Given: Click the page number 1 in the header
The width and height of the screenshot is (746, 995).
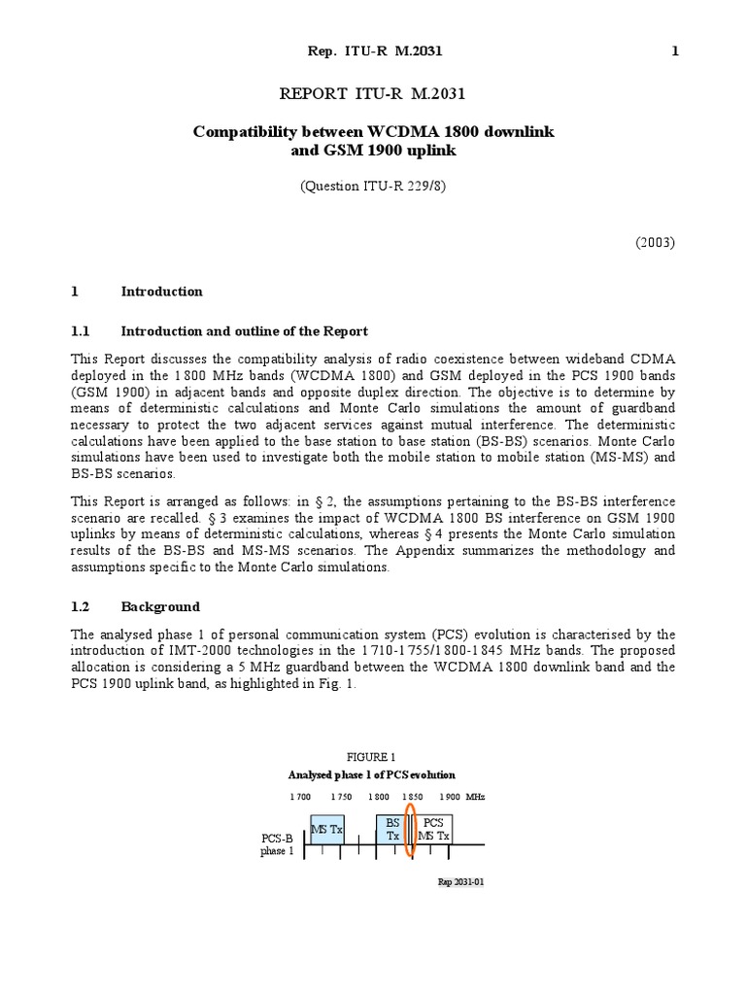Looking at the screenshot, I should point(675,51).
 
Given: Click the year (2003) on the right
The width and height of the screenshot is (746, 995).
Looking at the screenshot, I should point(655,242).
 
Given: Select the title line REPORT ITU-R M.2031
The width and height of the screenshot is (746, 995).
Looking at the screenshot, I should point(373,93).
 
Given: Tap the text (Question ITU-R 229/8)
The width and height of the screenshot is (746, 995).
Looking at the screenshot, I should point(373,189).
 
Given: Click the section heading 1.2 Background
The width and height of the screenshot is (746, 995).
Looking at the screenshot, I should point(136,606).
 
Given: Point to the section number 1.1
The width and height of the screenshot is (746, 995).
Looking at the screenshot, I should point(81,331).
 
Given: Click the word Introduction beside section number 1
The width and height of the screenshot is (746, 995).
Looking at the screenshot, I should point(161,291).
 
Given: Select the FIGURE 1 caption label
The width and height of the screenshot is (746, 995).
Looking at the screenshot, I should point(372,756).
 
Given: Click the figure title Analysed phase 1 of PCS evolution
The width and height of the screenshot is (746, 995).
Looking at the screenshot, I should point(372,774).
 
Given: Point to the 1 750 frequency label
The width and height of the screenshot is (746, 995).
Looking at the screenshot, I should point(340,796).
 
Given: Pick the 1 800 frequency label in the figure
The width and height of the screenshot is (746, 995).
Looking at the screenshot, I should point(379,796).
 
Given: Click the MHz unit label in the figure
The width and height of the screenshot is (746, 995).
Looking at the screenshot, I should point(475,796).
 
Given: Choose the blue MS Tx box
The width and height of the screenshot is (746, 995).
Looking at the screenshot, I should point(325,828).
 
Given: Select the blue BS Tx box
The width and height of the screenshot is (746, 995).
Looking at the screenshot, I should point(392,828).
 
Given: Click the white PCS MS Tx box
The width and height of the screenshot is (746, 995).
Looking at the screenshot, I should point(433,828).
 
